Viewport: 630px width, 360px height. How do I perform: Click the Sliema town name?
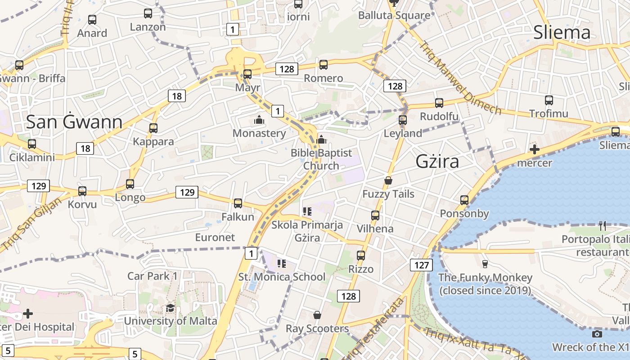(x=562, y=32)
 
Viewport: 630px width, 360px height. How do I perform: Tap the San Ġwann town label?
(x=74, y=122)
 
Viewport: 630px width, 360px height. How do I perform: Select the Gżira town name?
(x=437, y=161)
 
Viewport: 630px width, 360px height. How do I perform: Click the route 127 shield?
(x=421, y=265)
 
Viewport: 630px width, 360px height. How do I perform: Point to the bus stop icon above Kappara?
(x=153, y=128)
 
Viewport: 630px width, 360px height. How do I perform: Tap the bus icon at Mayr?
(x=247, y=74)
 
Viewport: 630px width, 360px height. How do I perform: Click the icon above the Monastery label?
(x=259, y=120)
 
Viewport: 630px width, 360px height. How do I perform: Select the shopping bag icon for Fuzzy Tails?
(x=388, y=181)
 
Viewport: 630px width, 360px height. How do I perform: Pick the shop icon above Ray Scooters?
(x=317, y=315)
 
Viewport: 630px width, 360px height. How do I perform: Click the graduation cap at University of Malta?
(x=170, y=308)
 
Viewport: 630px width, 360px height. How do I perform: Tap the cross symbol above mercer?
(x=535, y=149)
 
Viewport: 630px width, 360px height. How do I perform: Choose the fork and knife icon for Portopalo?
(x=603, y=225)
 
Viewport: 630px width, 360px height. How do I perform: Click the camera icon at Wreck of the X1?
(x=597, y=334)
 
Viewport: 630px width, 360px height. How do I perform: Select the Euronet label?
(x=215, y=237)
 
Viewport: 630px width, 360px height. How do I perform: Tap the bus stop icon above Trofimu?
(x=549, y=100)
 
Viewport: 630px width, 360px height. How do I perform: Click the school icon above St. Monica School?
(x=282, y=264)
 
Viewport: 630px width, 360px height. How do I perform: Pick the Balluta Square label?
(x=394, y=15)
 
